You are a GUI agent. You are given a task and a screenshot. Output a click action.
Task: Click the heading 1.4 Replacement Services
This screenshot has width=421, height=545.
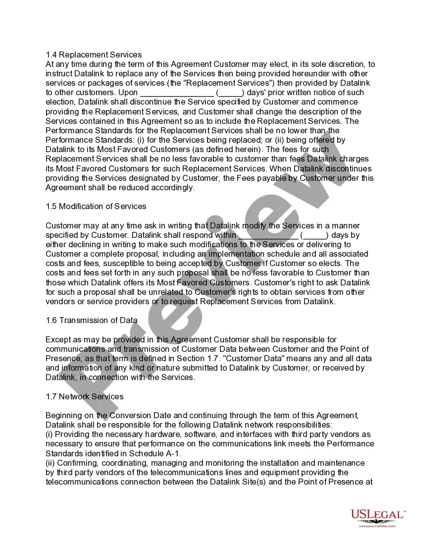tap(94, 54)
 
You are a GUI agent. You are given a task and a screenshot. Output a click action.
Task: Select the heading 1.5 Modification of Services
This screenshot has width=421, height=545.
tap(96, 206)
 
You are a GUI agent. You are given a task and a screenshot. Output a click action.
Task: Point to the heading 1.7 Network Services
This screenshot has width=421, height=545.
tap(84, 396)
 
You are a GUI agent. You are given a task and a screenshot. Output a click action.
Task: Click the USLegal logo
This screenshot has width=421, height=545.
tap(378, 515)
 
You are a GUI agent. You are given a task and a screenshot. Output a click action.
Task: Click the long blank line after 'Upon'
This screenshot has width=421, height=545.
tap(177, 93)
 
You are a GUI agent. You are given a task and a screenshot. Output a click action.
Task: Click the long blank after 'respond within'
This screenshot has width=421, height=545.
tap(268, 235)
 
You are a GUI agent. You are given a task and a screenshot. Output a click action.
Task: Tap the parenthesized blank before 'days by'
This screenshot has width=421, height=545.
tap(314, 235)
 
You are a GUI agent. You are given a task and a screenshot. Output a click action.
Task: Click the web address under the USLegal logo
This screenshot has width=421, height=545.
tap(377, 526)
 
